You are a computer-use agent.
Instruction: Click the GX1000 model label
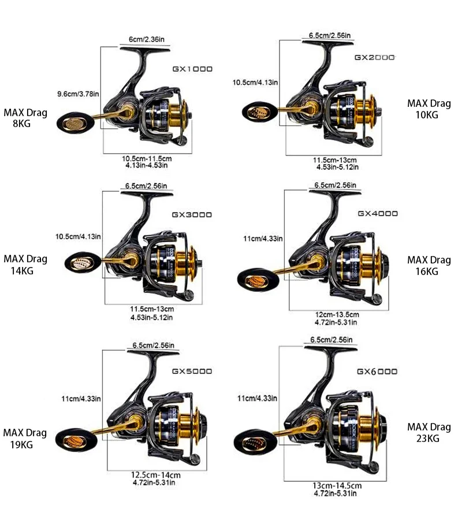(x=192, y=69)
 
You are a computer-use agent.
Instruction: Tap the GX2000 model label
(x=374, y=58)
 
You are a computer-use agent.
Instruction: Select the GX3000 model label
(x=192, y=214)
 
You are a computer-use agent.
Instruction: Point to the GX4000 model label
(x=378, y=213)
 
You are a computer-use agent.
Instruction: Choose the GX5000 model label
(x=192, y=371)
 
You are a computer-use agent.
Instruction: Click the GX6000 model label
(x=377, y=371)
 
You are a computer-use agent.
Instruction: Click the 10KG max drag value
(x=429, y=114)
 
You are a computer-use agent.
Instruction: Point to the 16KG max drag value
(x=429, y=271)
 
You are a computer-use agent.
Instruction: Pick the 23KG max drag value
(x=428, y=438)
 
